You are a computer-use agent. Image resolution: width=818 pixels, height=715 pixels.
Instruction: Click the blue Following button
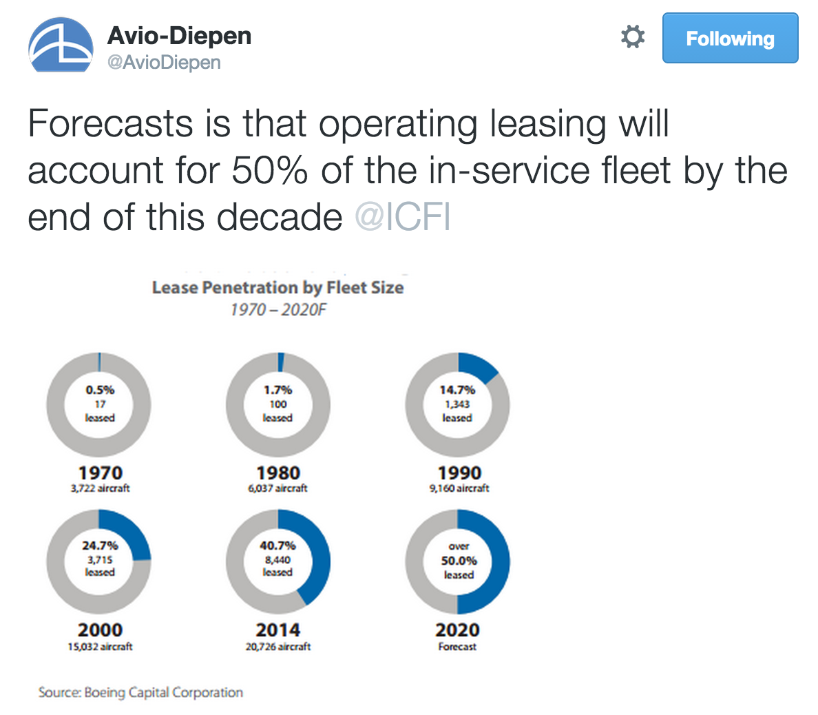[x=730, y=39]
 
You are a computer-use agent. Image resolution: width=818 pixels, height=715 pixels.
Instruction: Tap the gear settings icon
[x=633, y=37]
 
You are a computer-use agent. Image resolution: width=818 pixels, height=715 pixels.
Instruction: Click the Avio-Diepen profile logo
[x=61, y=45]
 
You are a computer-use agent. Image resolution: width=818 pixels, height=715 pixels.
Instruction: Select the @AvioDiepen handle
[x=164, y=62]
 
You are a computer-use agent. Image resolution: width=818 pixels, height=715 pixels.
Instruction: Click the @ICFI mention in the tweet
[x=403, y=218]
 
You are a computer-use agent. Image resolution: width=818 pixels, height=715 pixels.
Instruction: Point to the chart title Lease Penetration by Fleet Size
[x=277, y=287]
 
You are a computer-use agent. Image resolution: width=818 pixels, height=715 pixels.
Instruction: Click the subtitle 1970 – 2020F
[x=277, y=309]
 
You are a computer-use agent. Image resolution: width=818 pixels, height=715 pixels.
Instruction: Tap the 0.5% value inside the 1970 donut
[x=100, y=390]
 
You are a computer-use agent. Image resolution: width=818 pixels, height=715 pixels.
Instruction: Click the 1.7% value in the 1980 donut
[x=278, y=390]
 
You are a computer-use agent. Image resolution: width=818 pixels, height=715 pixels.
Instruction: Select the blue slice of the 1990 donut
[x=476, y=367]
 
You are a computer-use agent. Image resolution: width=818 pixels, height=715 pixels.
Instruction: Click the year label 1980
[x=278, y=473]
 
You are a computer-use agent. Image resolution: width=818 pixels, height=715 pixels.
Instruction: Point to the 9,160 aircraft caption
[x=459, y=488]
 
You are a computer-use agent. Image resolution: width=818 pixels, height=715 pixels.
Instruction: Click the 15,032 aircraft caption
[x=100, y=647]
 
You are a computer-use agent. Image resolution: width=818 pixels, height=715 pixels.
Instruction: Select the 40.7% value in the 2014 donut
[x=277, y=546]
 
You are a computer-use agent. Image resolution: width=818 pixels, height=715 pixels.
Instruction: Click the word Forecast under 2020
[x=457, y=647]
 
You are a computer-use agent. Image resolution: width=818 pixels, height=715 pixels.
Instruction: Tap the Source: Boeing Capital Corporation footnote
[x=140, y=692]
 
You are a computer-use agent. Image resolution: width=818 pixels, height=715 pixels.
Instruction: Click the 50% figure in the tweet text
[x=269, y=171]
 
